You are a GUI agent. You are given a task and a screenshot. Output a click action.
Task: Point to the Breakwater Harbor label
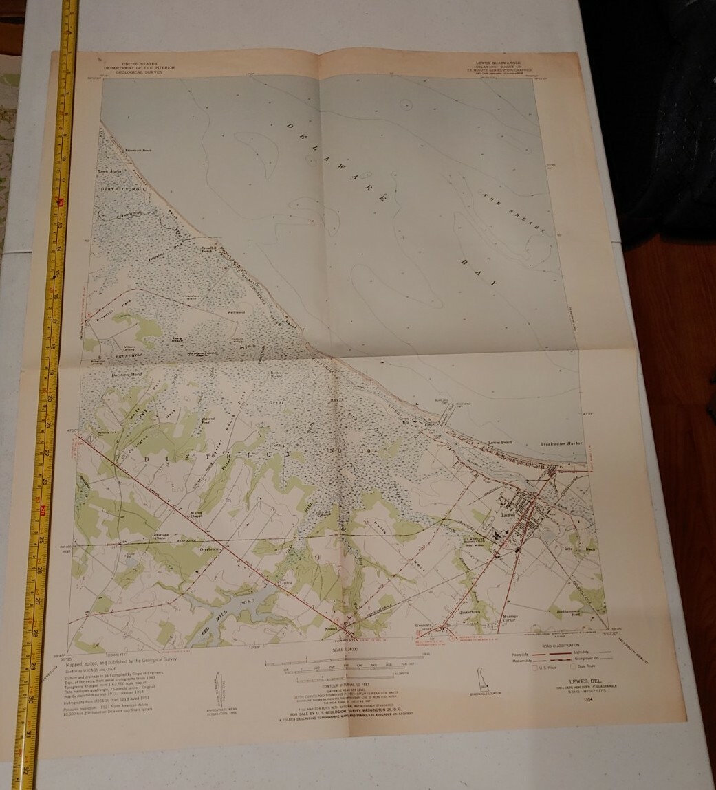coord(561,444)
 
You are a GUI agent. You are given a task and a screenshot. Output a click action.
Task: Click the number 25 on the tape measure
coord(41,539)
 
